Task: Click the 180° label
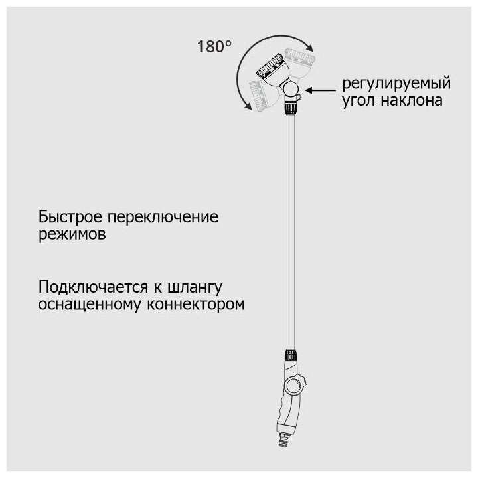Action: click(214, 47)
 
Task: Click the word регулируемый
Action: click(396, 86)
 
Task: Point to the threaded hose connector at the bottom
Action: click(289, 439)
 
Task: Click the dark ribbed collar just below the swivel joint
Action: click(289, 106)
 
